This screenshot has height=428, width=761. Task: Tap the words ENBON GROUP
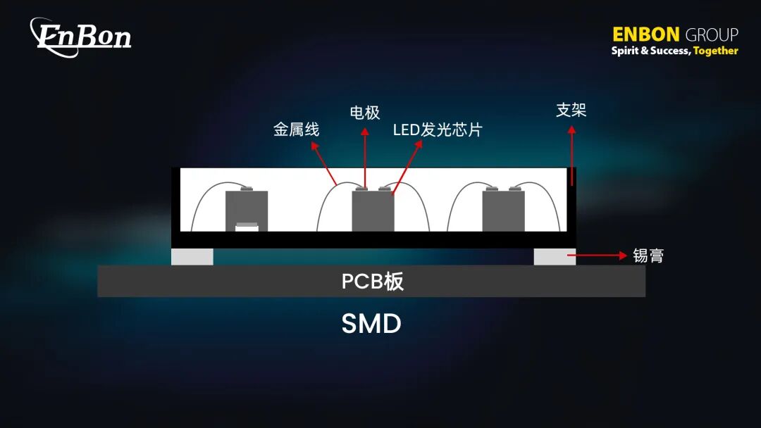pos(674,34)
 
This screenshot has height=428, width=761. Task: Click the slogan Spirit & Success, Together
pos(674,51)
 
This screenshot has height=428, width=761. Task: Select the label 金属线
pos(296,130)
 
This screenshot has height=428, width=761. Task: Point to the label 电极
pos(365,113)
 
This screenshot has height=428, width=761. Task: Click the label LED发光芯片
pos(437,130)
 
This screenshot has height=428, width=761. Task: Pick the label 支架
pos(571,111)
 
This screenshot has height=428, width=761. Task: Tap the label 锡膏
pos(648,256)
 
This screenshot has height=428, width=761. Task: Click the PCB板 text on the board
pos(372,282)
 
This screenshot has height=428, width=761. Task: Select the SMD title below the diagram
pos(371,324)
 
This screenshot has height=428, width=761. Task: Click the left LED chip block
pos(247,208)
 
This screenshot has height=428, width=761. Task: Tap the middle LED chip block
pos(373,210)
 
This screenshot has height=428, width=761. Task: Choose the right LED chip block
pos(503,210)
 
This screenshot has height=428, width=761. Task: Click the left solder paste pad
pos(192,257)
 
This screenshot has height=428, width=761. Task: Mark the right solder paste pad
pos(555,257)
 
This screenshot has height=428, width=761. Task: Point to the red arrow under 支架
pos(571,155)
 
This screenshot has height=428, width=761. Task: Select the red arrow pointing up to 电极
pos(365,158)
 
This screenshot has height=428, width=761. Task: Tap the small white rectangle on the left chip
pos(247,226)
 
